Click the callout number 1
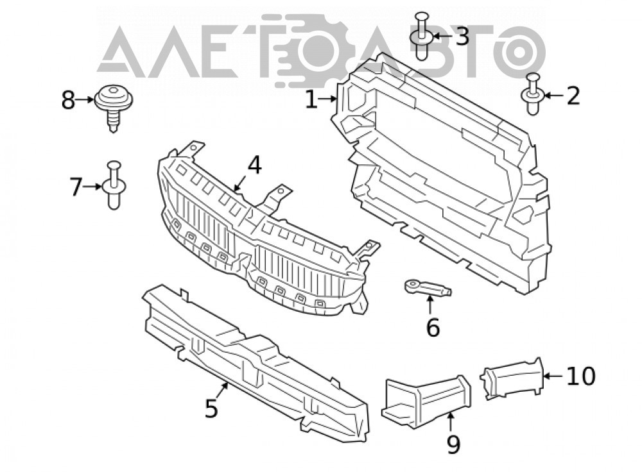[x=311, y=100]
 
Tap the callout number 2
[x=573, y=96]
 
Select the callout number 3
[x=462, y=36]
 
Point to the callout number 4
[x=254, y=165]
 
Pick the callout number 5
[x=211, y=408]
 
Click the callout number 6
[x=433, y=327]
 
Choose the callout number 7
[x=76, y=187]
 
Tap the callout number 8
[x=69, y=100]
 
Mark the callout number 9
[x=453, y=444]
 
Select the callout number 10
[x=581, y=376]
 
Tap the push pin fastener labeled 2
[x=532, y=94]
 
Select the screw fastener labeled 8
[x=114, y=107]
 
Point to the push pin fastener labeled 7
[x=114, y=185]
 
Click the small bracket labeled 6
[x=428, y=287]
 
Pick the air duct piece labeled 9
[x=426, y=401]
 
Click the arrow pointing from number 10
[x=553, y=376]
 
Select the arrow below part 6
[x=430, y=305]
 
